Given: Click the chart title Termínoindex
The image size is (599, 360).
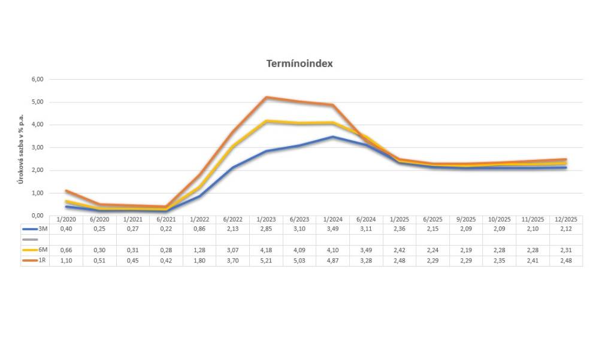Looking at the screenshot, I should coord(299,64).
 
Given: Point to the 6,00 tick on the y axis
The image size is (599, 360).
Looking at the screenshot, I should coord(37,79).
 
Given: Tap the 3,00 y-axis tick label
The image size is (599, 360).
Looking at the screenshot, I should coord(37,147).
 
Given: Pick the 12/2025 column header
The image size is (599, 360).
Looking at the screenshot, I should coord(566,220).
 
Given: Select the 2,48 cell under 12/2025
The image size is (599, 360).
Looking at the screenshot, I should coord(566,261).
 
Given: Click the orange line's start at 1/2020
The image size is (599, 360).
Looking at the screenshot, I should coord(66,190).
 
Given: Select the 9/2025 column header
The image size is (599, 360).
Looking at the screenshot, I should coord(466,220).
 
